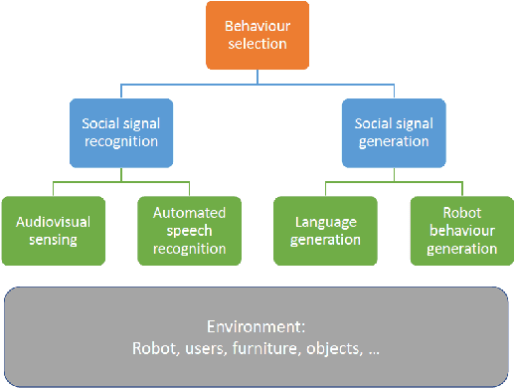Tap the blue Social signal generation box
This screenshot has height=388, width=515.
tap(392, 131)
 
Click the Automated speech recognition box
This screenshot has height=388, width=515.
tap(189, 230)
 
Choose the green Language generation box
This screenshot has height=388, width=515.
tap(325, 230)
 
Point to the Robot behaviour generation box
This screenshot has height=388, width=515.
tap(460, 230)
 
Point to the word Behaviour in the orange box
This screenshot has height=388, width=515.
tap(258, 26)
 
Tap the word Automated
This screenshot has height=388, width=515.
tap(189, 213)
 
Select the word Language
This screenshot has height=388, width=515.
tap(325, 221)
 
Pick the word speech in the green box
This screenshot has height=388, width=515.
tap(189, 230)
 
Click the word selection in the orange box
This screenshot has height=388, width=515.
tap(258, 44)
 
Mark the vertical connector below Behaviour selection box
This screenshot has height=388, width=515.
tap(258, 76)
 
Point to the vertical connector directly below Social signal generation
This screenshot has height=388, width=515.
tap(392, 171)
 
